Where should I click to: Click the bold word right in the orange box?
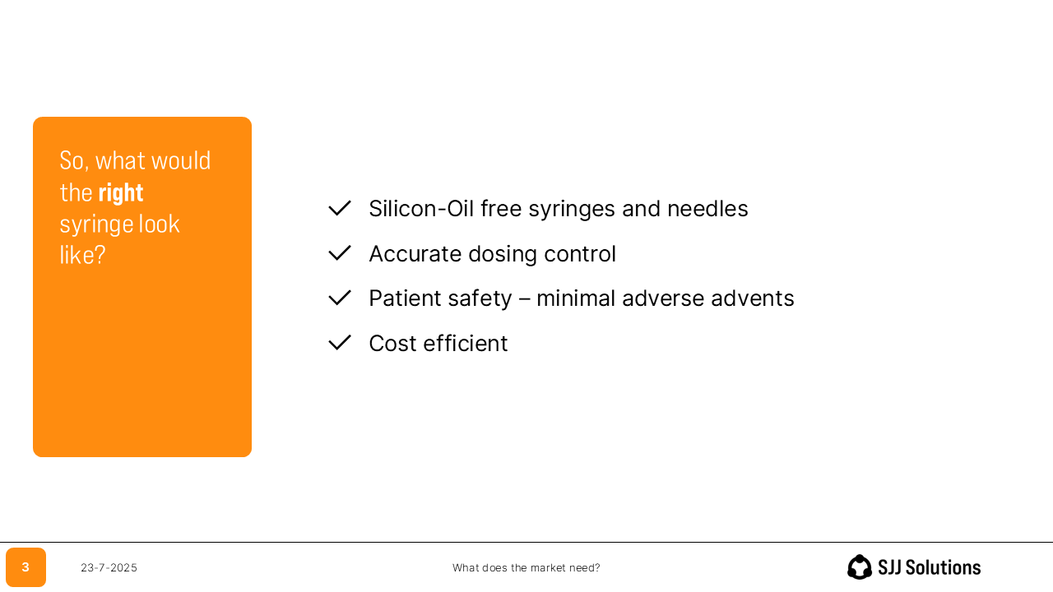pos(121,193)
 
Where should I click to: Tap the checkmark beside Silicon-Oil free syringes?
pos(340,208)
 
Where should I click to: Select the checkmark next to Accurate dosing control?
pos(340,252)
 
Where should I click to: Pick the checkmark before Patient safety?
pos(340,298)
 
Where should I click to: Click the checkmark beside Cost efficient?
pos(340,343)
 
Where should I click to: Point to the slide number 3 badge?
pos(26,567)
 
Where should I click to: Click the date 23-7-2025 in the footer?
pos(109,567)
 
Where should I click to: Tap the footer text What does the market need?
pos(526,567)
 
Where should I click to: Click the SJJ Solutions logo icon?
pos(860,567)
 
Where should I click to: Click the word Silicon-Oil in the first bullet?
pos(421,209)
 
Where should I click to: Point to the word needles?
pos(707,209)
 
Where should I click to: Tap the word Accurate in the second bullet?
pos(415,254)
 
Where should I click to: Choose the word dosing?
pos(503,254)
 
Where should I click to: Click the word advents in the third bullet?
pos(752,298)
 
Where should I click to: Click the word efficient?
pos(466,343)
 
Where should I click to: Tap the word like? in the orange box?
pos(83,255)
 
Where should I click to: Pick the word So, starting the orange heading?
pos(74,161)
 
